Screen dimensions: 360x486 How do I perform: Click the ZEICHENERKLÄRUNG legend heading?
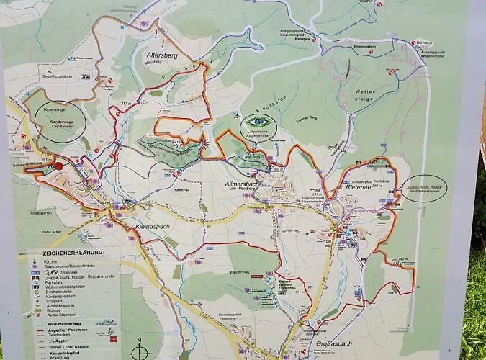coord(72,253)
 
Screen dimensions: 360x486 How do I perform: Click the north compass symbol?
coord(140,352)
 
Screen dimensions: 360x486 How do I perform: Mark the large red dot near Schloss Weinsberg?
coord(58,166)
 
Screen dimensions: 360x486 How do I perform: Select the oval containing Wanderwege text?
coord(60,122)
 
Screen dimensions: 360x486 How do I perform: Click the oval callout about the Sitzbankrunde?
coord(424,188)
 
